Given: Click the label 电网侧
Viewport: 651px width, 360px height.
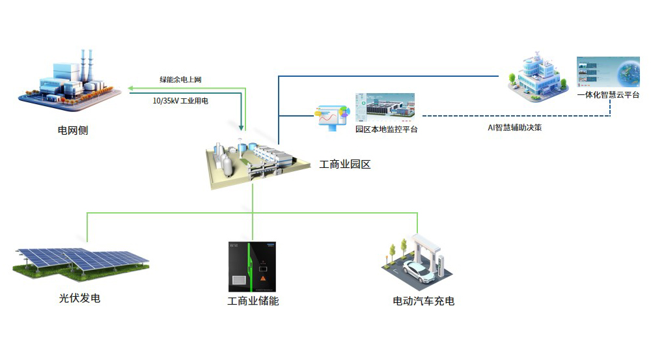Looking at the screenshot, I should (x=73, y=131).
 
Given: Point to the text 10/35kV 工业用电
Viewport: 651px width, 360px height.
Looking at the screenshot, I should (x=185, y=101).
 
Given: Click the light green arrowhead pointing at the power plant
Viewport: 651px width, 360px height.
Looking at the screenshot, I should (x=130, y=88).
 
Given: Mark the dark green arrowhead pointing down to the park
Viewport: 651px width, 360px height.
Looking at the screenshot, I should (x=242, y=127).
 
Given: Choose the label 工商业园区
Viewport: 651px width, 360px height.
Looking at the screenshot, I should (x=345, y=165).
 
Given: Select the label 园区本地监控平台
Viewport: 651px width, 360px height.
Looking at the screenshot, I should (x=386, y=130).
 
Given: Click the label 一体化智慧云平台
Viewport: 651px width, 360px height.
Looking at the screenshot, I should (x=608, y=95).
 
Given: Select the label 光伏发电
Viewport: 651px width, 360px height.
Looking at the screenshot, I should (x=79, y=299).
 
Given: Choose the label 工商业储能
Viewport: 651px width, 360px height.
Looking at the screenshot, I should (x=253, y=301).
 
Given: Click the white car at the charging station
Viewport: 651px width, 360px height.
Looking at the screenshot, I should (x=418, y=273).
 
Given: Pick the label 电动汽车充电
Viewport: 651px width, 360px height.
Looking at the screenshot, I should (x=423, y=301).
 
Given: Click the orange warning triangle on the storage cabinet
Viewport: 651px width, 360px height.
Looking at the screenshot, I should (x=263, y=278).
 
